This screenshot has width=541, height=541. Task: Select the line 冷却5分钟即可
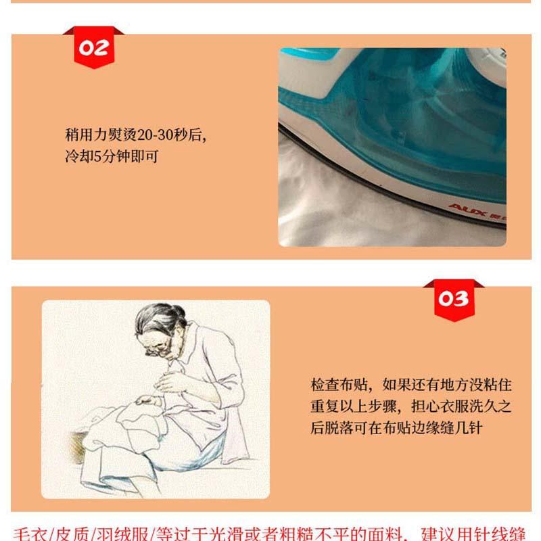coord(112,156)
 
